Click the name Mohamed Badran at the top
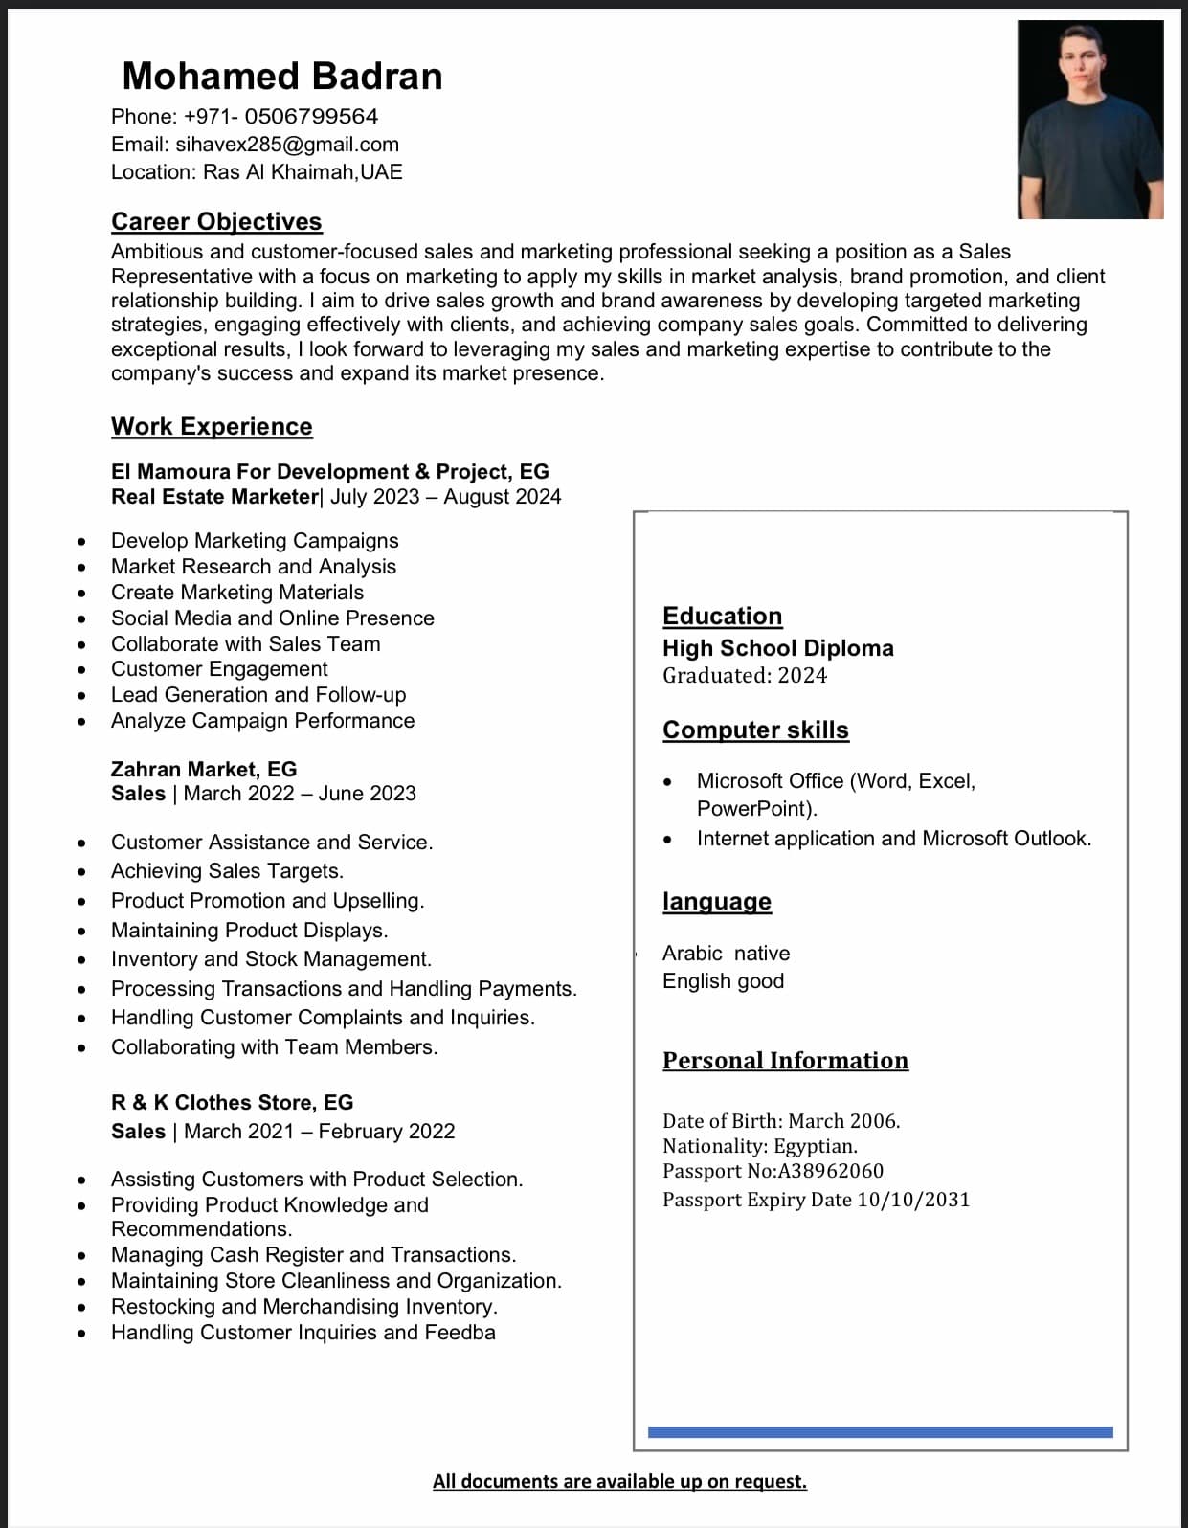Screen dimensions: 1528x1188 point(282,77)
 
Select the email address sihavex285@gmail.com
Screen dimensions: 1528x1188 point(287,145)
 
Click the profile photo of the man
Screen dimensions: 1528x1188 point(1089,120)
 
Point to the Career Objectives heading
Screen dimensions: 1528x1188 point(216,221)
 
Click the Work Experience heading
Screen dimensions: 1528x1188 point(212,426)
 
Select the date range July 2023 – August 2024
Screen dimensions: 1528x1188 point(445,497)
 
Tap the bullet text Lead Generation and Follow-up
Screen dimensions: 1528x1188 point(258,695)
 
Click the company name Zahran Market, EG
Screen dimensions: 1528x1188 point(204,769)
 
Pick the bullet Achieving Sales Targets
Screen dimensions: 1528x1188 point(227,871)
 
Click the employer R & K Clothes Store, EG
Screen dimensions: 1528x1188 point(232,1103)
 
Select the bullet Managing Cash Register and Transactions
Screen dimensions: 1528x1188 point(313,1255)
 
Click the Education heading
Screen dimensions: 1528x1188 point(722,616)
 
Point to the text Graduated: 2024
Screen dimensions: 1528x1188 point(745,676)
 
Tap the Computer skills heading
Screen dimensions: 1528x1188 point(755,730)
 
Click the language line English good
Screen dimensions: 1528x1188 point(723,981)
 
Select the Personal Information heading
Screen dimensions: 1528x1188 point(785,1061)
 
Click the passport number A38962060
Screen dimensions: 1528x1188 point(830,1171)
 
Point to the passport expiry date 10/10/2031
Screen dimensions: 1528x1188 point(913,1200)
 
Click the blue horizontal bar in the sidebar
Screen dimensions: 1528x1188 point(880,1432)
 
